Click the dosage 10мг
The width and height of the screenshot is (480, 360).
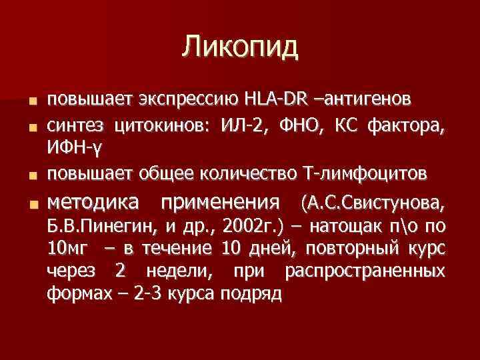click(x=66, y=249)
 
